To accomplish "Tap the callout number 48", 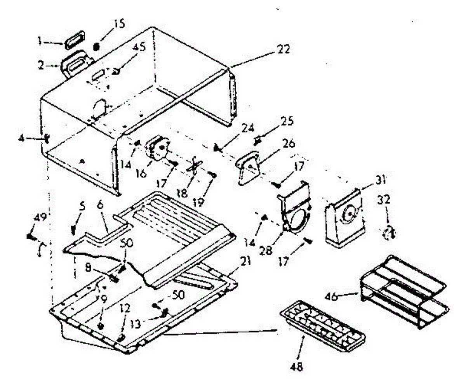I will pyautogui.click(x=299, y=366).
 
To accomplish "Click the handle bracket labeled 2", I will pyautogui.click(x=77, y=65).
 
